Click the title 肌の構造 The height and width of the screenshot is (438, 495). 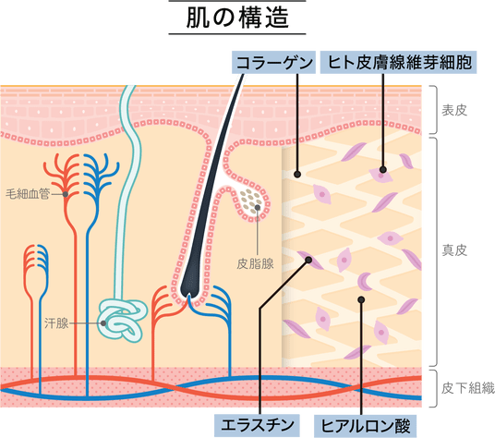pyautogui.click(x=237, y=18)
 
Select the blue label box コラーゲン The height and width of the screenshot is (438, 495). pyautogui.click(x=273, y=62)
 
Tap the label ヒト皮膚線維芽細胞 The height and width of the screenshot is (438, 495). pyautogui.click(x=398, y=62)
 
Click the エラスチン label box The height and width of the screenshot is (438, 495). pyautogui.click(x=257, y=425)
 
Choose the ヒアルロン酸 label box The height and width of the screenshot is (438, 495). pyautogui.click(x=366, y=425)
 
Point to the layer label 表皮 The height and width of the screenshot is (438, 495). pyautogui.click(x=454, y=111)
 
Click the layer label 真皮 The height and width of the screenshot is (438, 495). pyautogui.click(x=454, y=250)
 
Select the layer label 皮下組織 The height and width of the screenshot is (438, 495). pyautogui.click(x=467, y=388)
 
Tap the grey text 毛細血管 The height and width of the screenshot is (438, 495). pyautogui.click(x=28, y=194)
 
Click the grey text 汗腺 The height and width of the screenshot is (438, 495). pyautogui.click(x=56, y=323)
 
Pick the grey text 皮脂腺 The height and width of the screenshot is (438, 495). pyautogui.click(x=255, y=263)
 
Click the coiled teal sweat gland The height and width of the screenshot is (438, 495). pyautogui.click(x=123, y=320)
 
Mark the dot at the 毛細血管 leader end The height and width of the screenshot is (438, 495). pyautogui.click(x=66, y=194)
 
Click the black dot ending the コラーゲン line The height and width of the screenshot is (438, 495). pyautogui.click(x=297, y=174)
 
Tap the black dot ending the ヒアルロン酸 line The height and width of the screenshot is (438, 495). pyautogui.click(x=361, y=299)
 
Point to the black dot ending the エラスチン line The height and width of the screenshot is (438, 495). pyautogui.click(x=308, y=260)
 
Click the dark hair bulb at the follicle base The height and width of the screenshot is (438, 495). pyautogui.click(x=190, y=285)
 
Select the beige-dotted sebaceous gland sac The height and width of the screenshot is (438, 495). pyautogui.click(x=251, y=202)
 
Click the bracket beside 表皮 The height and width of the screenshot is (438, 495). pyautogui.click(x=435, y=110)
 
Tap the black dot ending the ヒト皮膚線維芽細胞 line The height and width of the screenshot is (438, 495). pyautogui.click(x=383, y=170)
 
